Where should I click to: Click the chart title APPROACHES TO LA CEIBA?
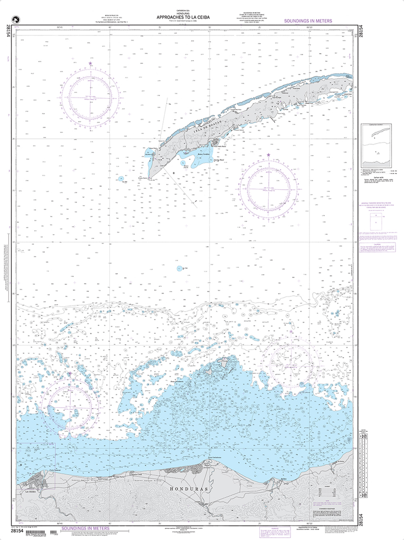(183, 17)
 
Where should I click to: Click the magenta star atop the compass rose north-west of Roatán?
(90, 64)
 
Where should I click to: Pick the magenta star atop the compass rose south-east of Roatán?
(268, 155)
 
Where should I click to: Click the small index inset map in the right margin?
(374, 146)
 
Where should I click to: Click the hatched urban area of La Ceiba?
(40, 479)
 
